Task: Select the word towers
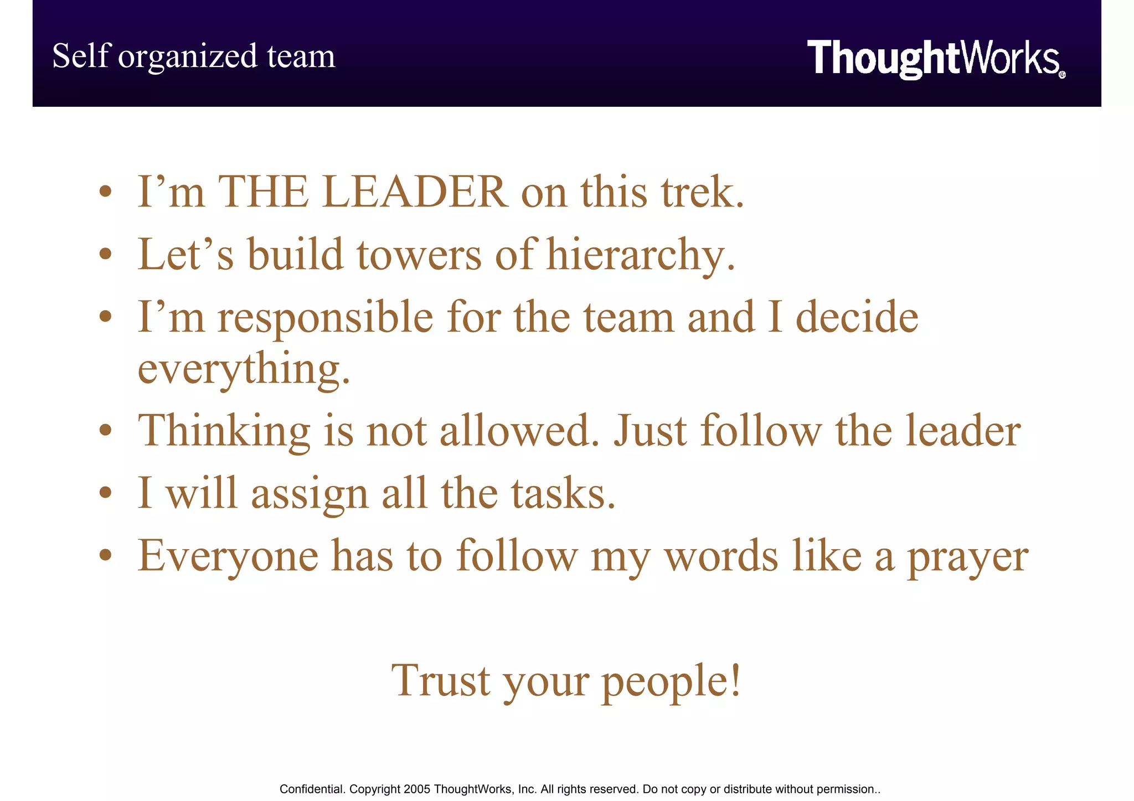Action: (x=419, y=255)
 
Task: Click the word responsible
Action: (x=325, y=318)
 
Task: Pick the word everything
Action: (x=244, y=370)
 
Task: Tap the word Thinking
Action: (x=224, y=432)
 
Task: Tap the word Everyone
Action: (x=228, y=556)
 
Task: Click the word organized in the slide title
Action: (x=188, y=57)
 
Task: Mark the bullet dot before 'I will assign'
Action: (x=106, y=493)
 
